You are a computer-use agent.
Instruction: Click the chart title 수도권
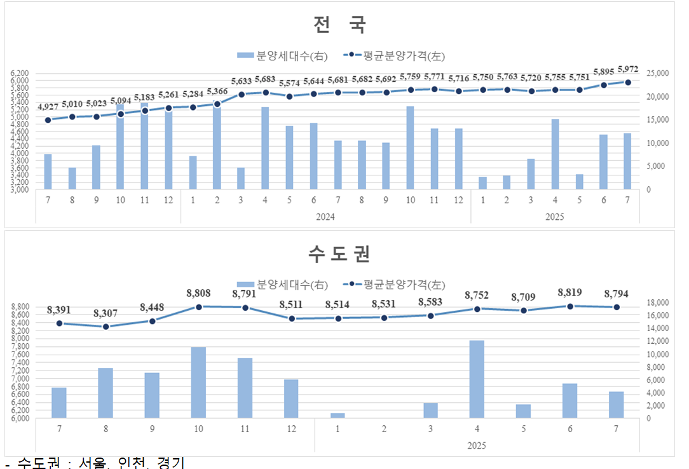click(x=339, y=254)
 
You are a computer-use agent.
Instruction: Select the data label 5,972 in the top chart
click(x=628, y=69)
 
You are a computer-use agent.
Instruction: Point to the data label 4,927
click(x=48, y=106)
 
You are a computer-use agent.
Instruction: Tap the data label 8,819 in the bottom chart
click(x=570, y=293)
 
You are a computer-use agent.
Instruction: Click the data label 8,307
click(x=106, y=313)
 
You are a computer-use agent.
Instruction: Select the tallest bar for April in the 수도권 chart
click(x=477, y=379)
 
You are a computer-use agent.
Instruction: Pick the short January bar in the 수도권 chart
click(x=338, y=416)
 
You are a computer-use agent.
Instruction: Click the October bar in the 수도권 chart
click(x=198, y=383)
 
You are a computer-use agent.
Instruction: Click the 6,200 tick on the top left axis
click(x=20, y=74)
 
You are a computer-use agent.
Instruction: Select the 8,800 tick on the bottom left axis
click(x=20, y=307)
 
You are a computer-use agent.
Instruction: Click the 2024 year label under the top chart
click(x=325, y=217)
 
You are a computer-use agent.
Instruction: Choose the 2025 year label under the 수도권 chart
click(x=476, y=444)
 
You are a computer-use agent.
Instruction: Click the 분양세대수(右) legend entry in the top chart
click(x=283, y=55)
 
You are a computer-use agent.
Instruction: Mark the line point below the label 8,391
click(x=59, y=323)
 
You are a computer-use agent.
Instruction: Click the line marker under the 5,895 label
click(x=604, y=85)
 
